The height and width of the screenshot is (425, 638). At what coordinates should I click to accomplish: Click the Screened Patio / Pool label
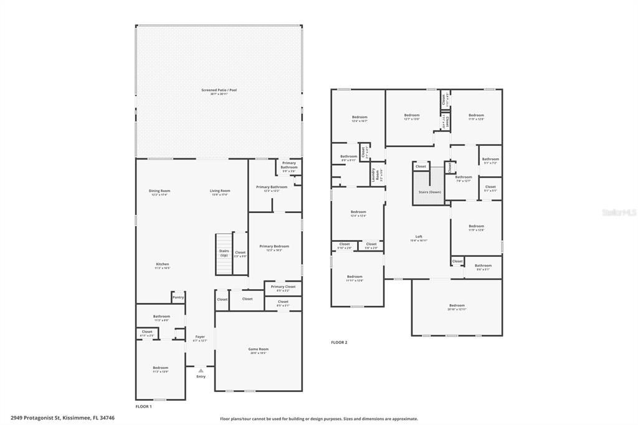[219, 91]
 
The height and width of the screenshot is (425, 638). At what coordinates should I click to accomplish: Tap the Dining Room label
[159, 192]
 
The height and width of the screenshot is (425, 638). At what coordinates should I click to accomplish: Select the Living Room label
[219, 192]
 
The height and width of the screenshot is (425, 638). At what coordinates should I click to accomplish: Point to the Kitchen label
[162, 265]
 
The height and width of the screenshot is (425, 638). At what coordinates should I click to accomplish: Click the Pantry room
[178, 298]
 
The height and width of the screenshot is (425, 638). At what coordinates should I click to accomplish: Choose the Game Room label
[258, 350]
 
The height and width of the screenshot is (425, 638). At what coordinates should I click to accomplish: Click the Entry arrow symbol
[201, 371]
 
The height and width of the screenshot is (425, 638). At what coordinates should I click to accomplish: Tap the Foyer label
[200, 338]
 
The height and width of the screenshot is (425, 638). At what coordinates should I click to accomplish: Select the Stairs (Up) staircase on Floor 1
[224, 253]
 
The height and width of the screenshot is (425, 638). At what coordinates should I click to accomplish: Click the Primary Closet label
[283, 288]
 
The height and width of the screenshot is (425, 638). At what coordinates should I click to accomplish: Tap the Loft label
[419, 237]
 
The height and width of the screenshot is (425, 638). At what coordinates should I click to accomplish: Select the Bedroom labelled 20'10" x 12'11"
[457, 307]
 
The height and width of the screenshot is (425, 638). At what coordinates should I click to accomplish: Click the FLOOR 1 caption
[143, 406]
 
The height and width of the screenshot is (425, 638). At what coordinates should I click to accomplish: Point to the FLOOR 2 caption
[339, 343]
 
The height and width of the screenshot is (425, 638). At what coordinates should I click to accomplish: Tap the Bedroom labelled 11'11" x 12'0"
[355, 278]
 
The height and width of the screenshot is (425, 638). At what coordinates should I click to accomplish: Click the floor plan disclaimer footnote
[318, 419]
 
